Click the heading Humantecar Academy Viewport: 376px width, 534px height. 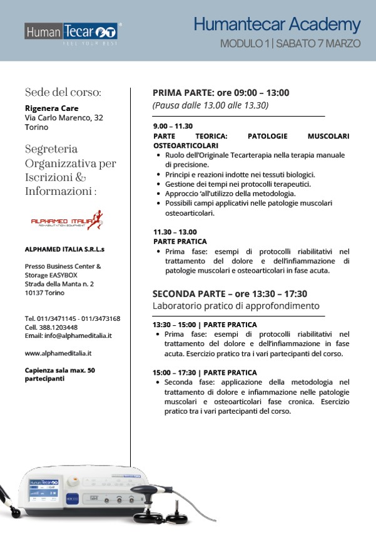click(x=277, y=24)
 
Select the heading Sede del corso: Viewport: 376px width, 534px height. click(x=63, y=92)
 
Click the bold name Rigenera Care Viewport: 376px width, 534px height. click(x=51, y=108)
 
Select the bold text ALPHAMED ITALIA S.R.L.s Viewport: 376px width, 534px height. click(x=65, y=249)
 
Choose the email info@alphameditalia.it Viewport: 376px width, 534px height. click(x=78, y=336)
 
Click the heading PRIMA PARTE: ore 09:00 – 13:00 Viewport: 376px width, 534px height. click(x=221, y=93)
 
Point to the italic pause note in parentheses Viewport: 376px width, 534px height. click(x=210, y=105)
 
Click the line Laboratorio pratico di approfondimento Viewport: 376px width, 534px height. click(x=236, y=306)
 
